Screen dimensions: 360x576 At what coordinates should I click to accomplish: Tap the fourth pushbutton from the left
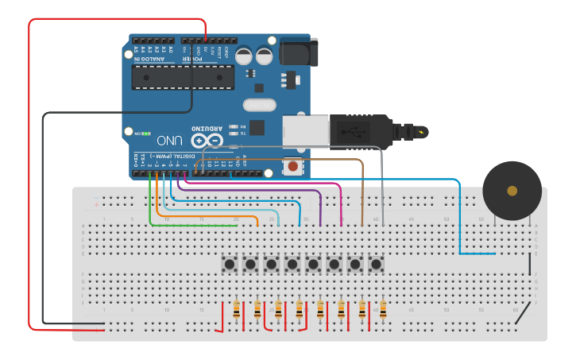[292, 264]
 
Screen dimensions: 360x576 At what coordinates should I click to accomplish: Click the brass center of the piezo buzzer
[512, 191]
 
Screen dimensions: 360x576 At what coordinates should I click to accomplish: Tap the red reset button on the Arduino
[294, 166]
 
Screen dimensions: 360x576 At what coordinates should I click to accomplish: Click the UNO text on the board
[163, 138]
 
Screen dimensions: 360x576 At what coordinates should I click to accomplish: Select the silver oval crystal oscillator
[257, 105]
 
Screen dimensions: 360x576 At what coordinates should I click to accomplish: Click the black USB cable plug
[361, 130]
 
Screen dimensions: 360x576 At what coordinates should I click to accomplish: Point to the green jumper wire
[150, 208]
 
